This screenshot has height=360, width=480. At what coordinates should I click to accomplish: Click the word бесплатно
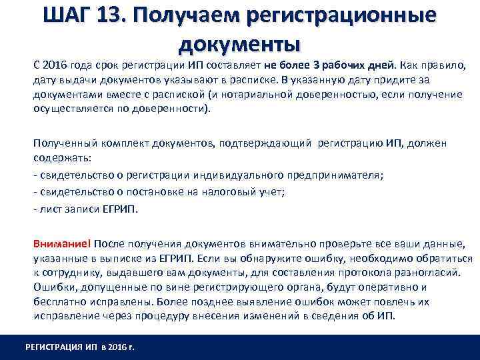tap(58, 301)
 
